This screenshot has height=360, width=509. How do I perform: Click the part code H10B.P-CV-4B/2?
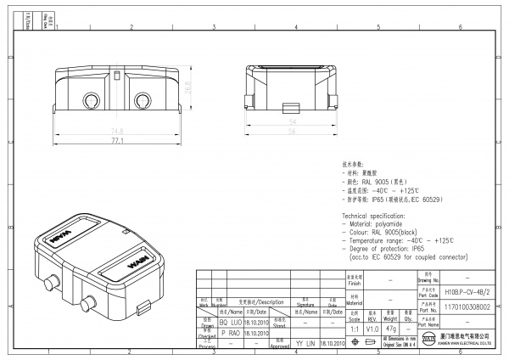pos(467,291)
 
